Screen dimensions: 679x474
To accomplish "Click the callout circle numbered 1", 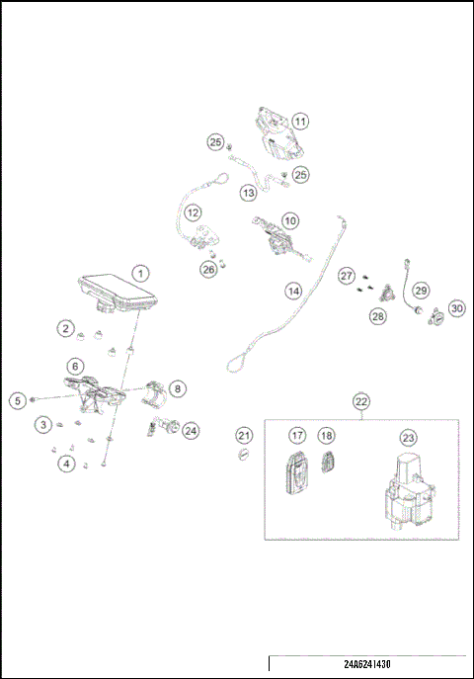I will [x=141, y=272].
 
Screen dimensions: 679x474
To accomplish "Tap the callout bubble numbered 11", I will [x=298, y=122].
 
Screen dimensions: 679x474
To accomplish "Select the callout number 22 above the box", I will [x=361, y=401].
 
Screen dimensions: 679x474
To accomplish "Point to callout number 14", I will [x=293, y=291].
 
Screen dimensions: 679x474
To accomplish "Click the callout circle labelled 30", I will [x=456, y=308].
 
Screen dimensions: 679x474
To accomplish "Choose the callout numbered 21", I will [x=244, y=436].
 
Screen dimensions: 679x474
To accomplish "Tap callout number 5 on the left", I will [x=17, y=400].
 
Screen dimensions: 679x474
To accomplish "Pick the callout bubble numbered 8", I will [x=176, y=388].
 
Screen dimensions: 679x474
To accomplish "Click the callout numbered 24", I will [x=191, y=430].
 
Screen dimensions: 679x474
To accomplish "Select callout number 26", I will [x=208, y=269].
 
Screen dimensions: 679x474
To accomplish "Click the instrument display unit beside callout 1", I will [x=116, y=293].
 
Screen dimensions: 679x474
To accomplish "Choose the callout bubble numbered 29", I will [x=421, y=290].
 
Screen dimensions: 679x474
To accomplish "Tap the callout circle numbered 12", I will [x=194, y=212].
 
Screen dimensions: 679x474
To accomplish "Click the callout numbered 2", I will [x=65, y=327].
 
